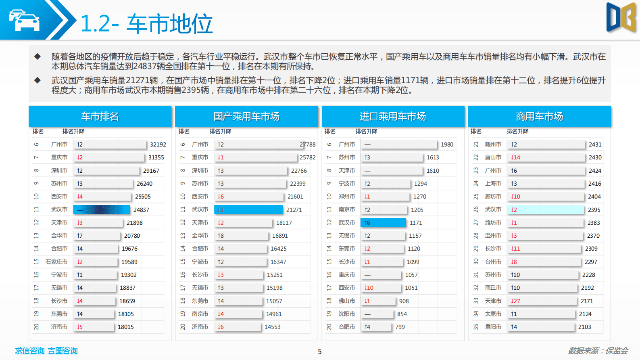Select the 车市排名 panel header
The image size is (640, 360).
click(x=100, y=117)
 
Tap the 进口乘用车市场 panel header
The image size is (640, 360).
click(x=393, y=117)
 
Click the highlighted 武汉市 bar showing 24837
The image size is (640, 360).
click(x=101, y=210)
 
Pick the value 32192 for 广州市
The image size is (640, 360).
click(x=158, y=144)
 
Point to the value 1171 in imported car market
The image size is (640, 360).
click(x=416, y=223)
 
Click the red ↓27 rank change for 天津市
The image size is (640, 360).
click(x=515, y=301)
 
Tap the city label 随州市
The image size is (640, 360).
click(x=493, y=144)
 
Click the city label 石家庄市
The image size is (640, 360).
click(x=56, y=262)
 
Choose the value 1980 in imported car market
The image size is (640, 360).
click(x=447, y=144)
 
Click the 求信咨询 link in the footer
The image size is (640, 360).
click(x=30, y=351)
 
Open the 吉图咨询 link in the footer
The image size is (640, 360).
click(x=63, y=351)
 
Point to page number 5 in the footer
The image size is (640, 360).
click(x=320, y=352)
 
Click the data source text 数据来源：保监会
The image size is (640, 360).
click(x=598, y=351)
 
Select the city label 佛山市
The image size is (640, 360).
click(x=347, y=301)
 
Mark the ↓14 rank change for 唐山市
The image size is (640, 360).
click(x=515, y=157)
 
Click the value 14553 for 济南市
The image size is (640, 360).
click(x=272, y=327)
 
